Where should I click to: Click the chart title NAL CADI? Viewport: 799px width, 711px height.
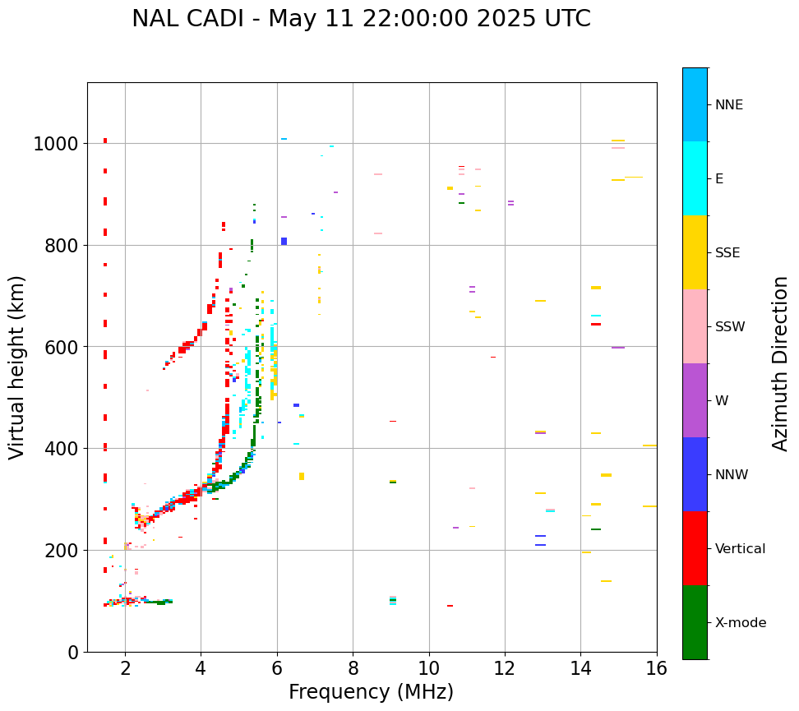pos(361,19)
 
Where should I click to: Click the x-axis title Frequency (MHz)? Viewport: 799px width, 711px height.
pos(371,692)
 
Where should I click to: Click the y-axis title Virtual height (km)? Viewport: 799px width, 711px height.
pos(17,367)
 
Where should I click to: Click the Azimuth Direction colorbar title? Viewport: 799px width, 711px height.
pos(780,363)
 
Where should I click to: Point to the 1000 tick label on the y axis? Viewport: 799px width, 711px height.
pos(55,145)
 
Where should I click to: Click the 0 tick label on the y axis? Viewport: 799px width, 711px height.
pos(73,653)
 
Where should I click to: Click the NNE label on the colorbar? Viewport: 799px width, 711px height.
pos(729,105)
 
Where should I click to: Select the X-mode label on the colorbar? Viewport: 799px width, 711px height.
pos(741,623)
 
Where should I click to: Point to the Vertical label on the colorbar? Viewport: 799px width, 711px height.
pos(741,549)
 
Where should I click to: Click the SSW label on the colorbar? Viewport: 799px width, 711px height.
pos(730,327)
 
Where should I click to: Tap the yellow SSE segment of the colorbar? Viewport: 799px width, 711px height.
pos(695,252)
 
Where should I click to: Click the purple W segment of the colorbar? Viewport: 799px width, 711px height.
pos(695,400)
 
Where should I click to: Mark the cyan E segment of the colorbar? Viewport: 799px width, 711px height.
pos(695,178)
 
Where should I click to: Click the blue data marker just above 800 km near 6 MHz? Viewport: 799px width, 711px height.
pos(284,241)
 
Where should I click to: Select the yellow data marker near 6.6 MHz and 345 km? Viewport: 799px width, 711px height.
pos(302,476)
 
